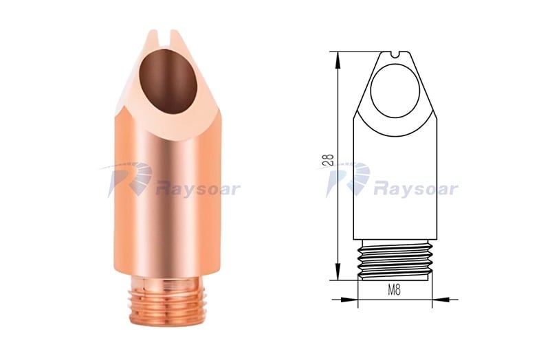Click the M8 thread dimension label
point(394,290)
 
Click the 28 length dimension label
point(329,160)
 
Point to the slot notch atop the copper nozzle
point(165,38)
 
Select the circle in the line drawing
point(395,90)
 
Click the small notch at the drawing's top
point(395,54)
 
